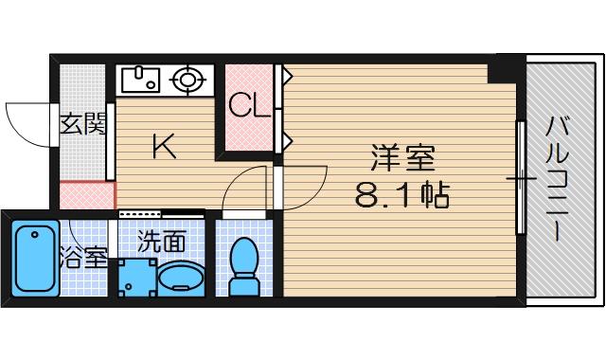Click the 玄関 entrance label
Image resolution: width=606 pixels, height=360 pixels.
(x=83, y=124)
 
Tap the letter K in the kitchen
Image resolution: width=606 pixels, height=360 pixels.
(x=165, y=146)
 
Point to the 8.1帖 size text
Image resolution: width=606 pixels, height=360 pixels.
(x=401, y=195)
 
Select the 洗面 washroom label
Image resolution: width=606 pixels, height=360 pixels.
(x=161, y=240)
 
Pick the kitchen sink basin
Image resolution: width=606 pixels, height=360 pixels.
(x=141, y=79)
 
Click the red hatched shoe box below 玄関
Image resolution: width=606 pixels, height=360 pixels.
(x=86, y=194)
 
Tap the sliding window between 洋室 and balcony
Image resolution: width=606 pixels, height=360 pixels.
(x=520, y=177)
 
